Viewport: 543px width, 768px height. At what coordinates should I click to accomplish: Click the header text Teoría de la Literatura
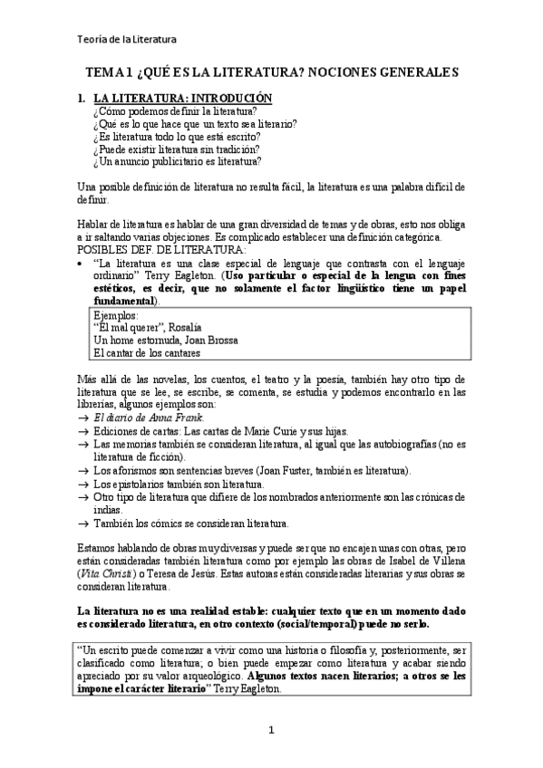click(x=125, y=38)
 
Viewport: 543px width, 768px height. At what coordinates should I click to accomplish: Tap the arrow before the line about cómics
click(x=82, y=523)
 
